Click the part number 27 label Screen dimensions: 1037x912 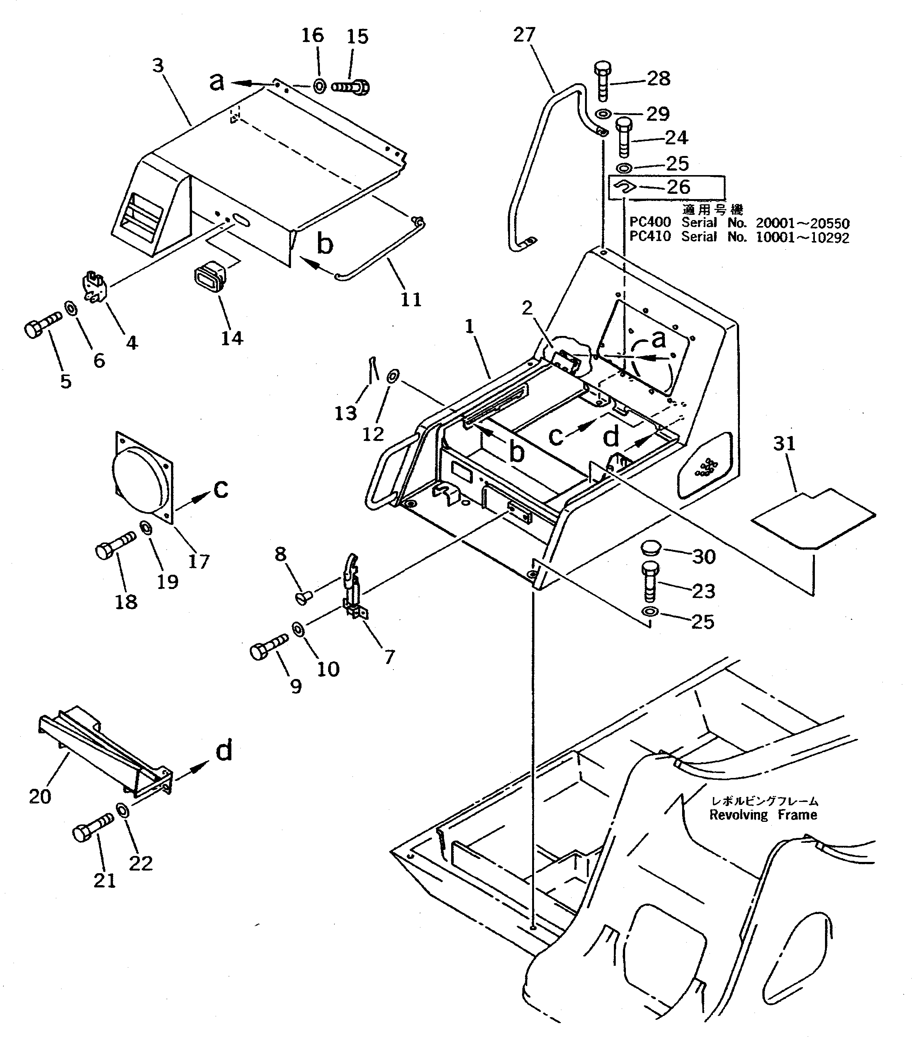pyautogui.click(x=524, y=34)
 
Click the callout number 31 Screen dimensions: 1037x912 pyautogui.click(x=784, y=444)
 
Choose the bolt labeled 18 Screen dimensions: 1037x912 pyautogui.click(x=115, y=546)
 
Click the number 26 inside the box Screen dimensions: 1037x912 pyautogui.click(x=678, y=187)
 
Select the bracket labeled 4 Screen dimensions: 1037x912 pyautogui.click(x=93, y=289)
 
